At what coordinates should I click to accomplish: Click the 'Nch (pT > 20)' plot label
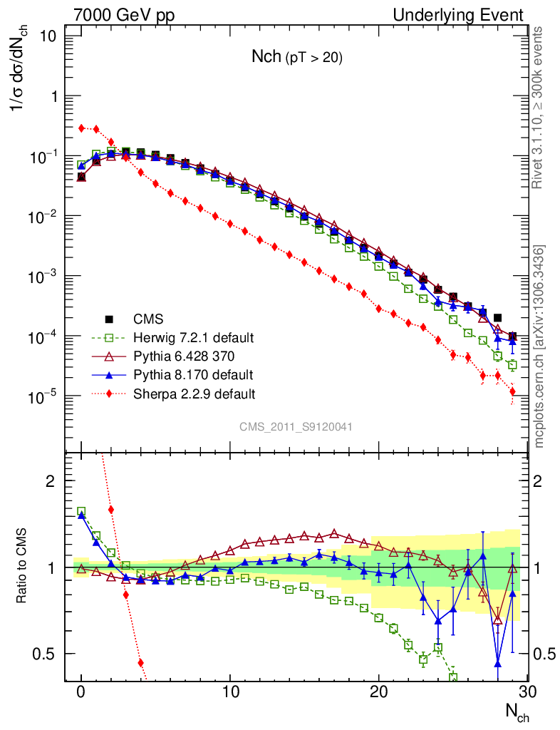tap(296, 58)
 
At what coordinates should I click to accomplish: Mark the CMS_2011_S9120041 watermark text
tap(296, 426)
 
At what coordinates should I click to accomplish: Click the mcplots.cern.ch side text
tap(539, 346)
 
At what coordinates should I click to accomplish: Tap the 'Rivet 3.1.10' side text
tap(539, 107)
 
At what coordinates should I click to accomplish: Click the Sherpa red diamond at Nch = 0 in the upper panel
tap(81, 128)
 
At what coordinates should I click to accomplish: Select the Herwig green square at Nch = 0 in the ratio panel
tap(81, 511)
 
